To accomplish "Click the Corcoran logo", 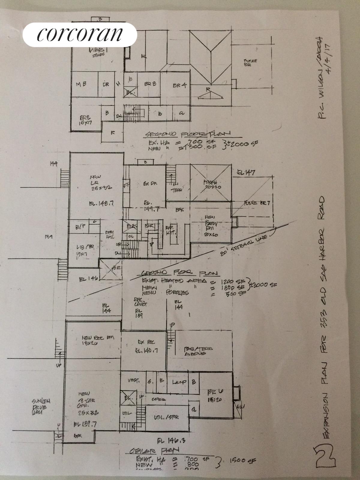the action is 80,34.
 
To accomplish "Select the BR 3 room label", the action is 150,85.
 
